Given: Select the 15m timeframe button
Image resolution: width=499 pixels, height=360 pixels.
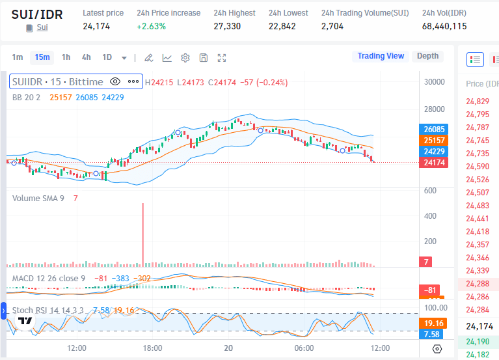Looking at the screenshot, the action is point(42,57).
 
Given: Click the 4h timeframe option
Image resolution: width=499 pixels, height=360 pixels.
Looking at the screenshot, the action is point(87,57).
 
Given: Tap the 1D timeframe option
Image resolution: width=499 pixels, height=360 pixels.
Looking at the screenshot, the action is point(107,57).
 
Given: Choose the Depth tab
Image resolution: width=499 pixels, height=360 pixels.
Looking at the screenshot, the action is point(427,56).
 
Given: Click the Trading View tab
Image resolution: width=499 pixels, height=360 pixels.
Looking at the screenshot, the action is point(381,56).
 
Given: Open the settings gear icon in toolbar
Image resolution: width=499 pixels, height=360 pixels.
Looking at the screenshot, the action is point(185,58).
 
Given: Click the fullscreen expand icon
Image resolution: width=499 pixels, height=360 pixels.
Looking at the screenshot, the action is point(222,58).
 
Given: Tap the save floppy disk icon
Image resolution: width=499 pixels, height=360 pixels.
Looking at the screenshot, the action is point(204,58).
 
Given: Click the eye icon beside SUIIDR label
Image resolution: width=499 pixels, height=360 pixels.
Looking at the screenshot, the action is point(115,82).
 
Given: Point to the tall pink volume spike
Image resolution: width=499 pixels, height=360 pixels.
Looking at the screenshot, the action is point(143,234).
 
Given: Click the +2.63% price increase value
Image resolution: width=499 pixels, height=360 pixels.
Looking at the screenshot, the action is point(151,27).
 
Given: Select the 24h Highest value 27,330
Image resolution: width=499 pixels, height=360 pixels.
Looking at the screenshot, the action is point(227,27).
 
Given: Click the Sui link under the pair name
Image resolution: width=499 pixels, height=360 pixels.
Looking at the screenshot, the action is point(42,27).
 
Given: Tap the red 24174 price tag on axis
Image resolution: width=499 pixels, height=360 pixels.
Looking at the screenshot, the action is point(434,163).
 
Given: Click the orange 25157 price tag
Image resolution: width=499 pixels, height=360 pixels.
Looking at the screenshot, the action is point(434,141).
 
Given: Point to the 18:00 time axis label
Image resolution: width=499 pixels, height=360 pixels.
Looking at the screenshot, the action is point(152,348).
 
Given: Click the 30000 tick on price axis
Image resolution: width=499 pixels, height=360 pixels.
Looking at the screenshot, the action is point(435,82).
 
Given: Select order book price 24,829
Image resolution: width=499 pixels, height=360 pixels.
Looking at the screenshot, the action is point(478,102).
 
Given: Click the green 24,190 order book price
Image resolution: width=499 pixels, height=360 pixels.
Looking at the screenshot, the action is point(478,342).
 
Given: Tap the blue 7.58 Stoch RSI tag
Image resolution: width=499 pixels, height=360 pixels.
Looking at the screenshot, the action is point(431,335).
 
